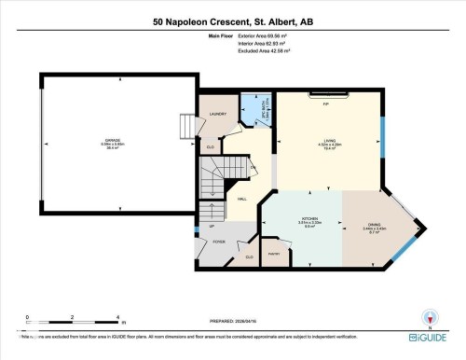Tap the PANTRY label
[x=273, y=254]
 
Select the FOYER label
[x=219, y=242]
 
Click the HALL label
[x=241, y=200]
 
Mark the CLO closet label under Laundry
[x=210, y=146]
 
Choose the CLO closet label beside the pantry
[x=249, y=256]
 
